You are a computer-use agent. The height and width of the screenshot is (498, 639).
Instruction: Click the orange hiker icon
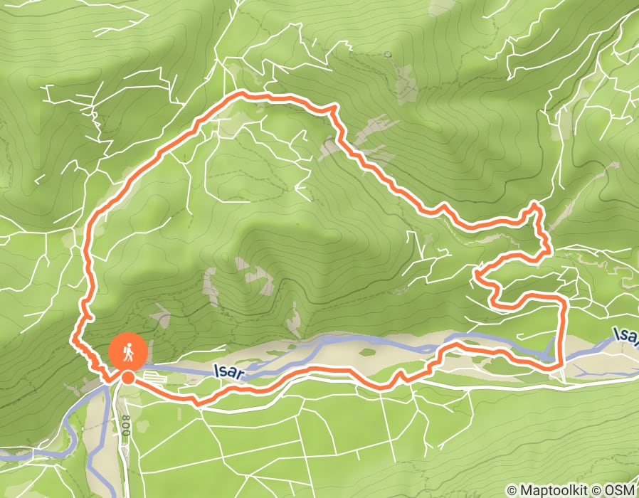(128, 351)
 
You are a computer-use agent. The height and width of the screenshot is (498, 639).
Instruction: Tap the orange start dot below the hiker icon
(127, 378)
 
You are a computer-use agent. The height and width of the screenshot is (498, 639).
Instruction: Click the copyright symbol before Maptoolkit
(512, 489)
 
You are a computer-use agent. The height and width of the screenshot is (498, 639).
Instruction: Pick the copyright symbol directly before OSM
(597, 489)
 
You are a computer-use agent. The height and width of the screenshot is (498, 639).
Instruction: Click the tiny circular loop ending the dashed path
(389, 54)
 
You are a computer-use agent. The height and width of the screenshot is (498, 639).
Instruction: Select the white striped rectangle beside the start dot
(154, 375)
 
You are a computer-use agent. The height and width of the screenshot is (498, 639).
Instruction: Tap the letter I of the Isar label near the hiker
(215, 371)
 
